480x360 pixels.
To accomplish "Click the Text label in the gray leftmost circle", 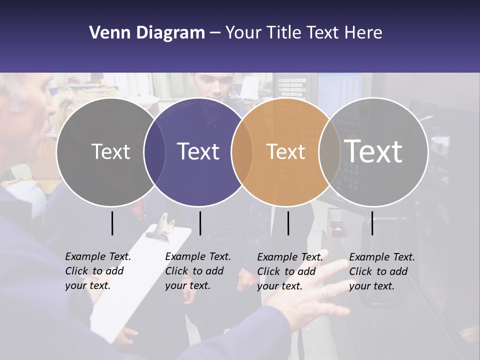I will coord(110,151).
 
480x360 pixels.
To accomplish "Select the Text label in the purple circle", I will coord(198,151).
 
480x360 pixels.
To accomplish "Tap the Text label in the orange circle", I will coord(285,151).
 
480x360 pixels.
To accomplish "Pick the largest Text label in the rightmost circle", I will coord(373,151).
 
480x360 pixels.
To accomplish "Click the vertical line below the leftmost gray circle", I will coord(112,223).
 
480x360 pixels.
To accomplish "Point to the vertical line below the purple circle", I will coord(200,223).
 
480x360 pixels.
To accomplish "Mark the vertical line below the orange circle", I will coord(288,223).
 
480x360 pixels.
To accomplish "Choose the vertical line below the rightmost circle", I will coord(372,223).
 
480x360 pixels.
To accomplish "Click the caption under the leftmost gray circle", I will coord(98,271).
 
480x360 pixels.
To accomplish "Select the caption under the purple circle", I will coord(198,271).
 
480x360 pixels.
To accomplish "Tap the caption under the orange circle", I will coord(290,271).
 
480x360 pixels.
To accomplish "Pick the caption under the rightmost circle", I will coord(382,271).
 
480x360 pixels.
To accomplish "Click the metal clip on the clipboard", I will coord(165,224).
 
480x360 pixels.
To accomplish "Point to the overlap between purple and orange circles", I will coord(242,151).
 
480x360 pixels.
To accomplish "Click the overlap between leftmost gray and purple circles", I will coord(154,151).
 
